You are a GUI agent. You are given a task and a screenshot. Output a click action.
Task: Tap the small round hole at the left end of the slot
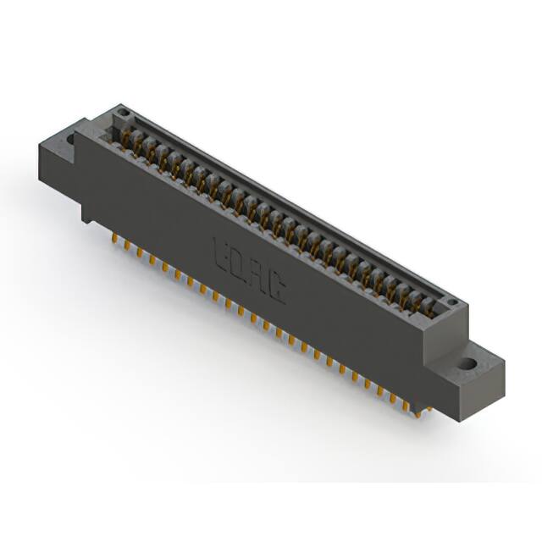[x=124, y=113]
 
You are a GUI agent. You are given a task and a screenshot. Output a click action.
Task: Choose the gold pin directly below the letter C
[x=277, y=334]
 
